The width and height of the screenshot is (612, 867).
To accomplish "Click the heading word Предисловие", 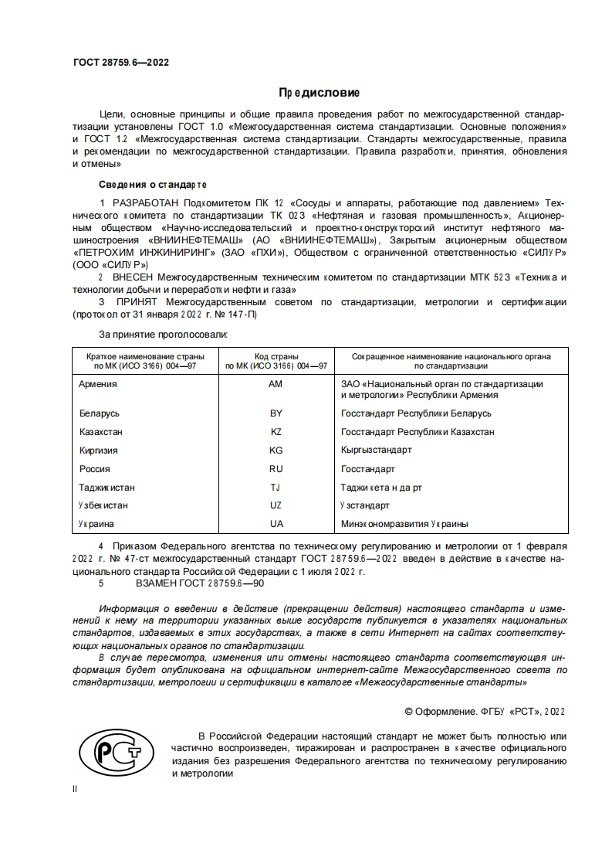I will point(320,93).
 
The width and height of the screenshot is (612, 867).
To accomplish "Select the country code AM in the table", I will point(276,384).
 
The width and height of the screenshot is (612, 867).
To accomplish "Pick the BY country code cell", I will point(276,413).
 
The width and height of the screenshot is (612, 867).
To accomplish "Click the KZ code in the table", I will point(276,432).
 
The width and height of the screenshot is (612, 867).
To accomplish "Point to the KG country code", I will point(276,450).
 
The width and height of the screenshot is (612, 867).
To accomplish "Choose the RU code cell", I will point(276,469).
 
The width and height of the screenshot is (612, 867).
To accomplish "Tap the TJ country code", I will point(276,488).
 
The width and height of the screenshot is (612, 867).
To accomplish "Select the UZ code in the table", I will point(276,505).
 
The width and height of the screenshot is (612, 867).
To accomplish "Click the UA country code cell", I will point(276,524).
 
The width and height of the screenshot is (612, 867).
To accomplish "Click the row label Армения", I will point(98,384).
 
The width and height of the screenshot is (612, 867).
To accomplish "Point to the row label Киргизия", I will point(98,450).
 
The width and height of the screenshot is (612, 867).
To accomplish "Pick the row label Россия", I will point(94,469).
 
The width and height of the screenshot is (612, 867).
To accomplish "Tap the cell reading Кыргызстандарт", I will point(376,450).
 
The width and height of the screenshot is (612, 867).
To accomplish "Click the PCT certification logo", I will point(113,754).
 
